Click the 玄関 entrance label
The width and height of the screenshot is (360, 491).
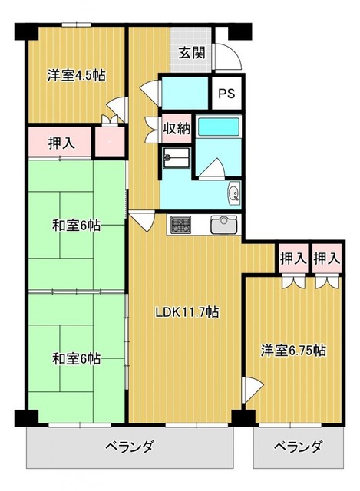(191, 53)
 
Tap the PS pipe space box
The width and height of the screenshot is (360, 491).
(226, 93)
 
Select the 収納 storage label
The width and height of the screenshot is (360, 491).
(177, 128)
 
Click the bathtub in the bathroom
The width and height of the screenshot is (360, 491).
(219, 126)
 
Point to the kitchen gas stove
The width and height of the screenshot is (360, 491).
(180, 225)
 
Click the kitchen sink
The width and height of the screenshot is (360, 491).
(223, 225)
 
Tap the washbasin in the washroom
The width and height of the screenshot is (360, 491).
(234, 193)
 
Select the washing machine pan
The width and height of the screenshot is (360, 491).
(177, 158)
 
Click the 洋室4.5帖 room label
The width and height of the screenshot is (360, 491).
(76, 75)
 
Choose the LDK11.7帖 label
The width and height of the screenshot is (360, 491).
(187, 312)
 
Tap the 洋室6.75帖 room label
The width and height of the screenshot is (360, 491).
(293, 351)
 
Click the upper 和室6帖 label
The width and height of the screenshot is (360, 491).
(76, 225)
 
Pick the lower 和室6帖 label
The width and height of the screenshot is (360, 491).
(76, 358)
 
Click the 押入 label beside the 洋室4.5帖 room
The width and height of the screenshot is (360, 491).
(61, 143)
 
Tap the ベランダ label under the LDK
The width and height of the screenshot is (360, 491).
(129, 446)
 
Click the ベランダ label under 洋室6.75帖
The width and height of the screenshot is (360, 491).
(298, 446)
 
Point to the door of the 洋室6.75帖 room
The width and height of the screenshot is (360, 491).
(253, 389)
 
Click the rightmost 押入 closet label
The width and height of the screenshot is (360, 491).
(327, 259)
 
